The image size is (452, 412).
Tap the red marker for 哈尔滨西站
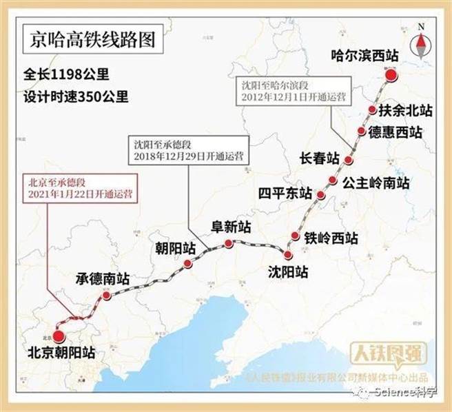pyautogui.click(x=391, y=76)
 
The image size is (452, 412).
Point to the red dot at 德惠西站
pyautogui.click(x=362, y=131)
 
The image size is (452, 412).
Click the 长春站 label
pyautogui.click(x=319, y=158)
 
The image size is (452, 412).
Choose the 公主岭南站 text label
pyautogui.click(x=376, y=183)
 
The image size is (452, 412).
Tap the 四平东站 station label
pyautogui.click(x=285, y=192)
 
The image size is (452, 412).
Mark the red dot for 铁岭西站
pyautogui.click(x=296, y=236)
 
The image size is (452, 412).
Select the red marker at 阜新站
pyautogui.click(x=229, y=244)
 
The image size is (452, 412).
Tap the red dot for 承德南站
pyautogui.click(x=106, y=295)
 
